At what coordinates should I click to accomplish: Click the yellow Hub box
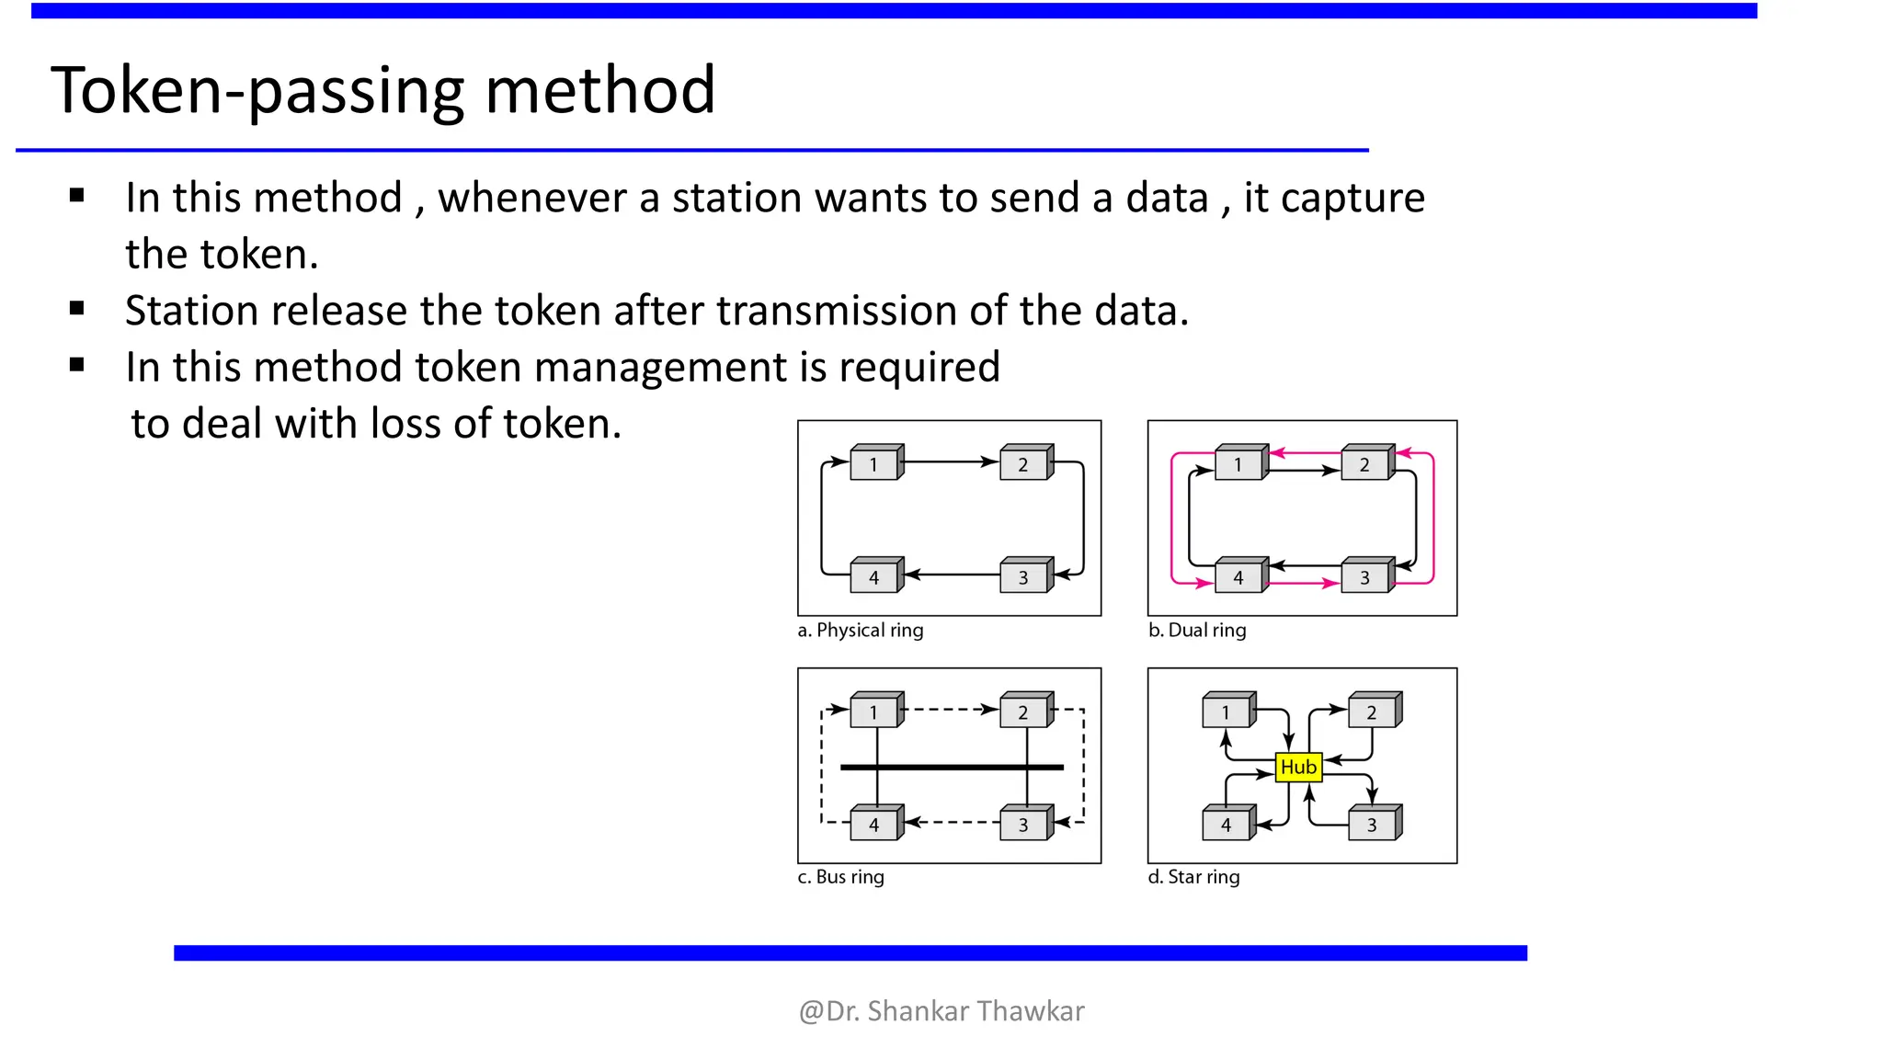[1298, 767]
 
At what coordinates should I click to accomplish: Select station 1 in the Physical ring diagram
[874, 464]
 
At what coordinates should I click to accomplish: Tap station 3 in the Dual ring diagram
[1365, 577]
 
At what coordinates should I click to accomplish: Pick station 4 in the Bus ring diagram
[874, 825]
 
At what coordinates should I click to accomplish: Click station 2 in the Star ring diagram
[1372, 712]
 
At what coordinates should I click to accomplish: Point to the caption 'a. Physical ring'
[860, 631]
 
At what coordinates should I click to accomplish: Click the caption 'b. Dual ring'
[1197, 631]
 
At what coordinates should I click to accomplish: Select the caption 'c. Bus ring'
[840, 877]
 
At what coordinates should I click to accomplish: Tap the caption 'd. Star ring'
[1193, 877]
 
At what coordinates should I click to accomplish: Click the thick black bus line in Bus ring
[952, 767]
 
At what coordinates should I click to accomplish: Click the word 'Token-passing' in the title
[257, 90]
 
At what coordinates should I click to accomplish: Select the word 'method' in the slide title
[599, 90]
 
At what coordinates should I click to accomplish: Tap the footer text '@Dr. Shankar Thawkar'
[941, 1011]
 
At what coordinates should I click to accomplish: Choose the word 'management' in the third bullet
[659, 368]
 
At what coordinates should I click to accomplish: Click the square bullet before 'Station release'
[77, 309]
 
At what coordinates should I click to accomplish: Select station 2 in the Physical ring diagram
[1023, 464]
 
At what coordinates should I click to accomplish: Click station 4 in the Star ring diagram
[1226, 825]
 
